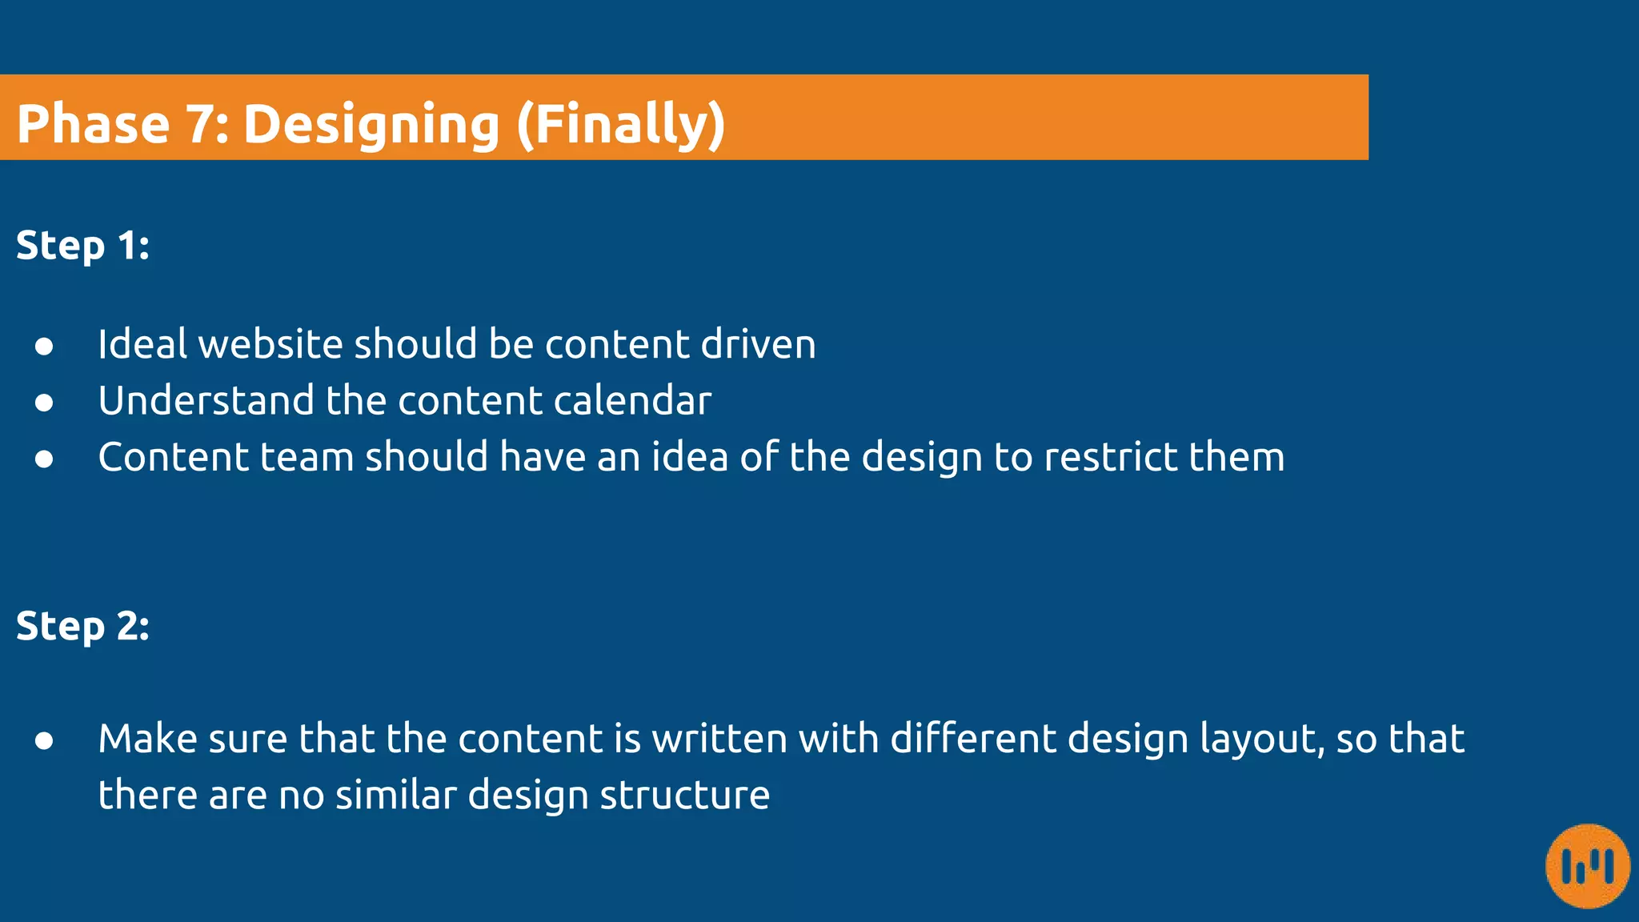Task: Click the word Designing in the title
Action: tap(371, 125)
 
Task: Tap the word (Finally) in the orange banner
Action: tap(620, 125)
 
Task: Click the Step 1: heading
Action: tap(82, 246)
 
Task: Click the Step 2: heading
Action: tap(82, 626)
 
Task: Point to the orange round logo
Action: tap(1588, 866)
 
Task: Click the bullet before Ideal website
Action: tap(44, 346)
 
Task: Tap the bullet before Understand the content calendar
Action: tap(44, 402)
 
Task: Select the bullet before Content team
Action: tap(44, 459)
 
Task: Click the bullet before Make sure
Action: tap(44, 740)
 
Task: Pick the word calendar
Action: tap(632, 400)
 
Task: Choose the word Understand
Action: tap(206, 400)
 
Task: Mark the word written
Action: tap(719, 738)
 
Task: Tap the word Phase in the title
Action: tap(94, 125)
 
